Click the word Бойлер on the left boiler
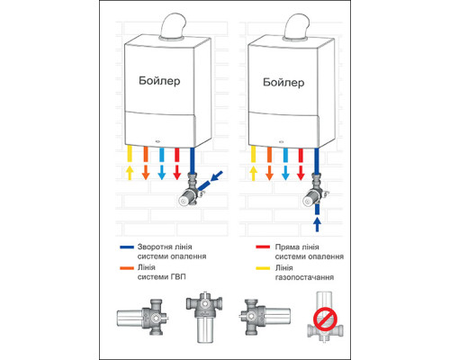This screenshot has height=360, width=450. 159,81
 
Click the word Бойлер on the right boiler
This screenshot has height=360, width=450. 283,82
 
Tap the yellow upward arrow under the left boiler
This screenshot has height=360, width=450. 130,173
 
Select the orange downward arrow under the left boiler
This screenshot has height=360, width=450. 146,173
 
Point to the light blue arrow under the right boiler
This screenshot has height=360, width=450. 285,173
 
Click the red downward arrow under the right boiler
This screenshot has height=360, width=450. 301,173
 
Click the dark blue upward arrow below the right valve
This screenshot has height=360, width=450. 317,224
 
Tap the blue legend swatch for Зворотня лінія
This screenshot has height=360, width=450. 127,247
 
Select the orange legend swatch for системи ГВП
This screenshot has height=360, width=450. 127,268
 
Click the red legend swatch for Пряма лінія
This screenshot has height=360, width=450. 263,247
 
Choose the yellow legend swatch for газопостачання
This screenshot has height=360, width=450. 263,268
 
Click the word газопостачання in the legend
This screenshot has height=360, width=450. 304,277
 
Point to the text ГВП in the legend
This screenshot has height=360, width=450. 178,276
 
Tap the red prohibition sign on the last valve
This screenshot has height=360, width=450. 325,319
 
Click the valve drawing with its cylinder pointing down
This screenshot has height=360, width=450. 204,318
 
